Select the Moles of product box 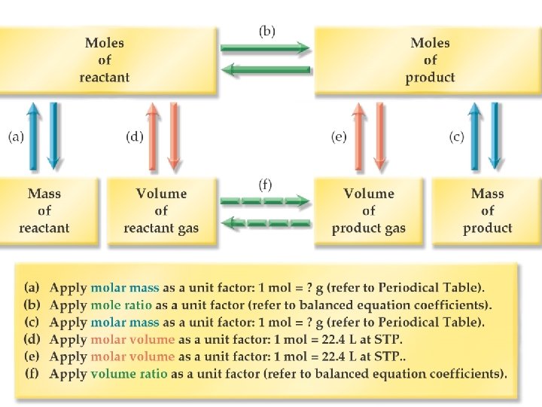pyautogui.click(x=430, y=60)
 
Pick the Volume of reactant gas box pyautogui.click(x=161, y=211)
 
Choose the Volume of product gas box pyautogui.click(x=369, y=211)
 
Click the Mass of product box pyautogui.click(x=487, y=211)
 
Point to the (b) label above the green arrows pyautogui.click(x=266, y=31)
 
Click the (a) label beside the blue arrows pyautogui.click(x=17, y=137)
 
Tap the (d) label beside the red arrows pyautogui.click(x=134, y=137)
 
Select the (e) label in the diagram pyautogui.click(x=339, y=137)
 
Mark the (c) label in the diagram pyautogui.click(x=456, y=137)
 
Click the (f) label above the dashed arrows pyautogui.click(x=266, y=184)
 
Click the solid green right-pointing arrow pyautogui.click(x=265, y=48)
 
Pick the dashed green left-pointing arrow pyautogui.click(x=267, y=223)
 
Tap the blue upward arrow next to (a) pyautogui.click(x=33, y=136)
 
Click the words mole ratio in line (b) pyautogui.click(x=121, y=305)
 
